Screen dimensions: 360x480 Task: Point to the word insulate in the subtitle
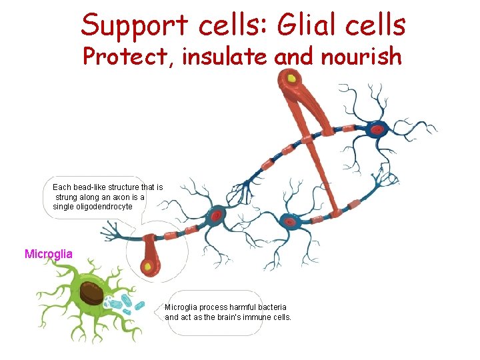click(x=227, y=57)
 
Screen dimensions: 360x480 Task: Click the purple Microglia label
click(x=49, y=254)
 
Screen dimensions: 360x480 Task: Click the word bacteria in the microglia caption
click(x=271, y=307)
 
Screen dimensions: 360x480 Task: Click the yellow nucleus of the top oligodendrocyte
click(x=291, y=79)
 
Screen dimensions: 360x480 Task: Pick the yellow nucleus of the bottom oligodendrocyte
click(x=147, y=267)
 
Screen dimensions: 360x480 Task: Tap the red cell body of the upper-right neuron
click(x=377, y=129)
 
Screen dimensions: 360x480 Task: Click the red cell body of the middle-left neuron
click(x=217, y=215)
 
